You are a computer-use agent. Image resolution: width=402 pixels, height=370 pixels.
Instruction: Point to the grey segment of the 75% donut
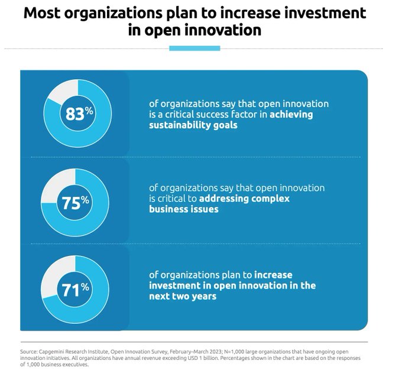[x=57, y=181]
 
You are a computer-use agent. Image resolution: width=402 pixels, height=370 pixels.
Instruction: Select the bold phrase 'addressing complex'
[x=244, y=199]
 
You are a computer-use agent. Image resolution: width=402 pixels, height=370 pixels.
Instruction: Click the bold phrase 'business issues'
[x=184, y=210]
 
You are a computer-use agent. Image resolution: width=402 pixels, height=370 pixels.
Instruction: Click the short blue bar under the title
[x=194, y=48]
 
